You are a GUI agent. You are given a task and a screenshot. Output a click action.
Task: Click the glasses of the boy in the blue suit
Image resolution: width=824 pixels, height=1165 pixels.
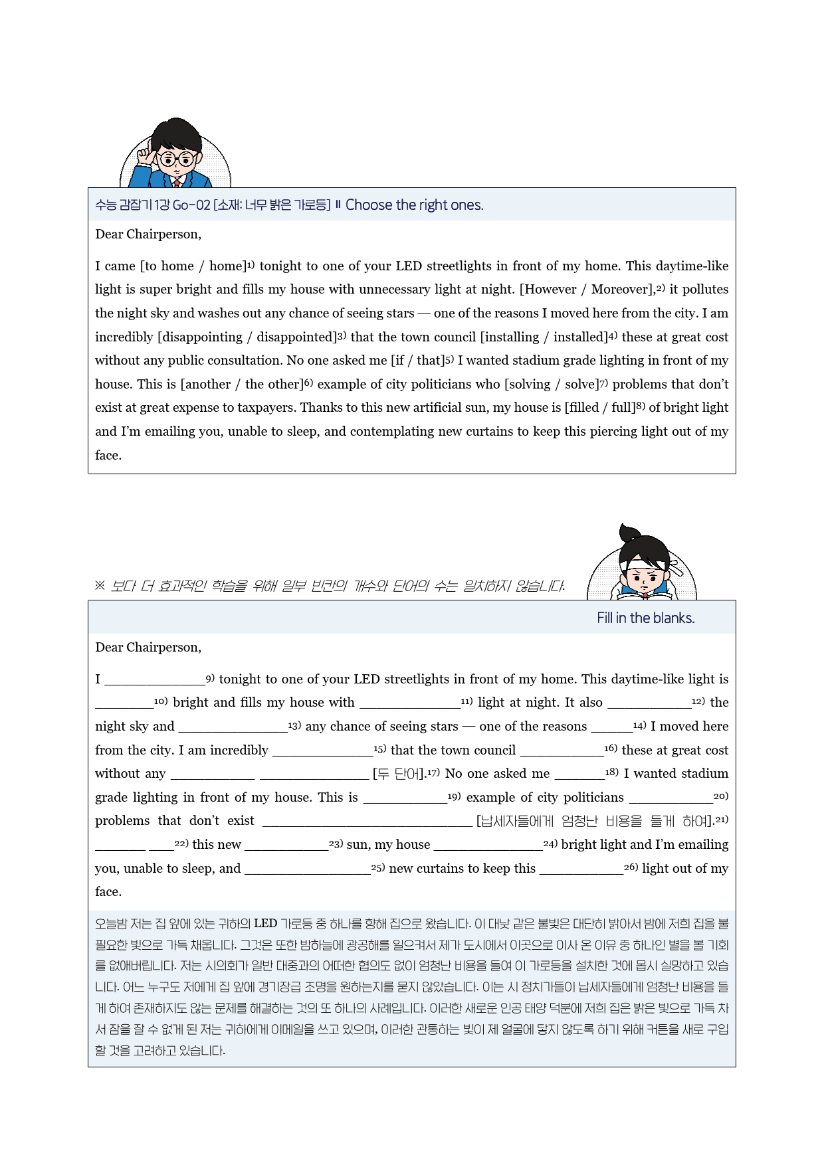177,159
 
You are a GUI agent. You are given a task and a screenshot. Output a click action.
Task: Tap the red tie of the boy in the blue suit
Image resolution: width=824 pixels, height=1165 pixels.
177,181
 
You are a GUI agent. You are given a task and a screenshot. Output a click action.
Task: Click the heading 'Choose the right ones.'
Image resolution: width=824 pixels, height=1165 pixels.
414,205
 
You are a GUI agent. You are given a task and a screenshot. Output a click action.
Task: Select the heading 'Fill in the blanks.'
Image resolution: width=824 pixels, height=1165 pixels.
645,618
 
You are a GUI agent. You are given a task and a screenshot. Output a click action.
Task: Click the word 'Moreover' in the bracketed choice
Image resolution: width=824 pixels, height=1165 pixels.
619,289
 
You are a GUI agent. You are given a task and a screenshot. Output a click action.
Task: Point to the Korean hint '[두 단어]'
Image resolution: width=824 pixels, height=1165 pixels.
399,774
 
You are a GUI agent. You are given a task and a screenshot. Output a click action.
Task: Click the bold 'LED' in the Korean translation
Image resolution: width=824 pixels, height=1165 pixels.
265,923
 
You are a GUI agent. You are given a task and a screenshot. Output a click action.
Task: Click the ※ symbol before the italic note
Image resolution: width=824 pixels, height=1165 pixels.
100,585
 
